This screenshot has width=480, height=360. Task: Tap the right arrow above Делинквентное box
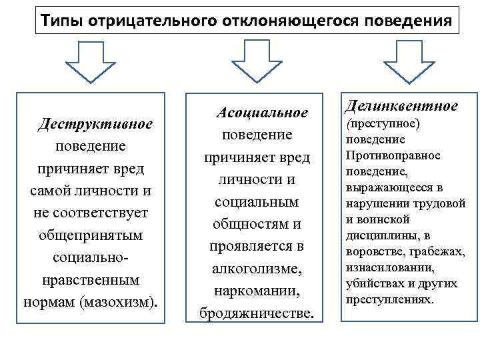coord(407,61)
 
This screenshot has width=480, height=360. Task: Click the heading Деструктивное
coord(95,124)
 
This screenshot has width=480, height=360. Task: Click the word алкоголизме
coord(257,269)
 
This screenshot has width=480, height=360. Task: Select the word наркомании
coord(257,291)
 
